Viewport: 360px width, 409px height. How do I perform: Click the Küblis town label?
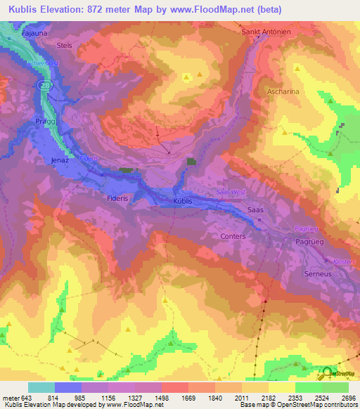click(x=181, y=200)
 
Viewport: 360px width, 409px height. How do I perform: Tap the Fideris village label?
click(x=117, y=199)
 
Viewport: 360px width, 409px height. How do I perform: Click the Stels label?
click(x=64, y=44)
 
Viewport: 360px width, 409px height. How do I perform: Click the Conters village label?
click(x=233, y=236)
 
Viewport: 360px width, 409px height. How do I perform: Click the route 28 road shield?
click(x=44, y=83)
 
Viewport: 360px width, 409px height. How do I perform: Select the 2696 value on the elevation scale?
click(x=349, y=398)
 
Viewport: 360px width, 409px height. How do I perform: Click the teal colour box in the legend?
click(x=41, y=387)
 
